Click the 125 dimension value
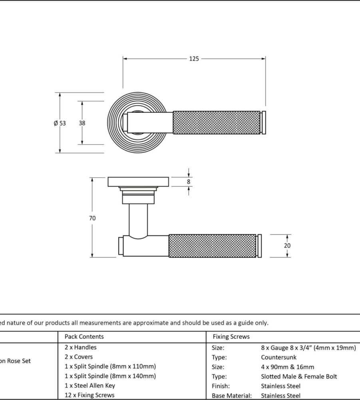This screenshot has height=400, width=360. coord(194,59)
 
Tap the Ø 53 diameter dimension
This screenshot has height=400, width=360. coord(60,123)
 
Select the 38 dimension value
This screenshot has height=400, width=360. coord(82,123)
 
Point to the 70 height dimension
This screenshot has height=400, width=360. coord(92,218)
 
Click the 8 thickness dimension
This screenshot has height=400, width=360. coord(189,182)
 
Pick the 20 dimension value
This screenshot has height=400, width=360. coord(287,246)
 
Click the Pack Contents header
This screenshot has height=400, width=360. coord(84,336)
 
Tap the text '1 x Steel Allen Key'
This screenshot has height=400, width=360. coord(90,386)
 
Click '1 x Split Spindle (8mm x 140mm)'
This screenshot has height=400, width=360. coord(110,376)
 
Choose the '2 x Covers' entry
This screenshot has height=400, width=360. coord(79,357)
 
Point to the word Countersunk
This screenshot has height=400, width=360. coord(279,357)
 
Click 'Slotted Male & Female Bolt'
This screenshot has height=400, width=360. coord(299,376)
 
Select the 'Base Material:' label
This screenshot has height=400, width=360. coord(232,396)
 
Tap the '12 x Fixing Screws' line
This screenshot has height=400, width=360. coord(90,395)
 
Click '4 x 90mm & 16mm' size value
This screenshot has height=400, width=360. coord(288,367)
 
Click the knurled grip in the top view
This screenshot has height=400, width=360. coord(216,123)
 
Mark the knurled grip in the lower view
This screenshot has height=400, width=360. coord(212,246)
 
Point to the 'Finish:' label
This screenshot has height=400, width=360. coord(221,386)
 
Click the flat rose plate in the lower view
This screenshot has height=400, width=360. coord(138,182)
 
